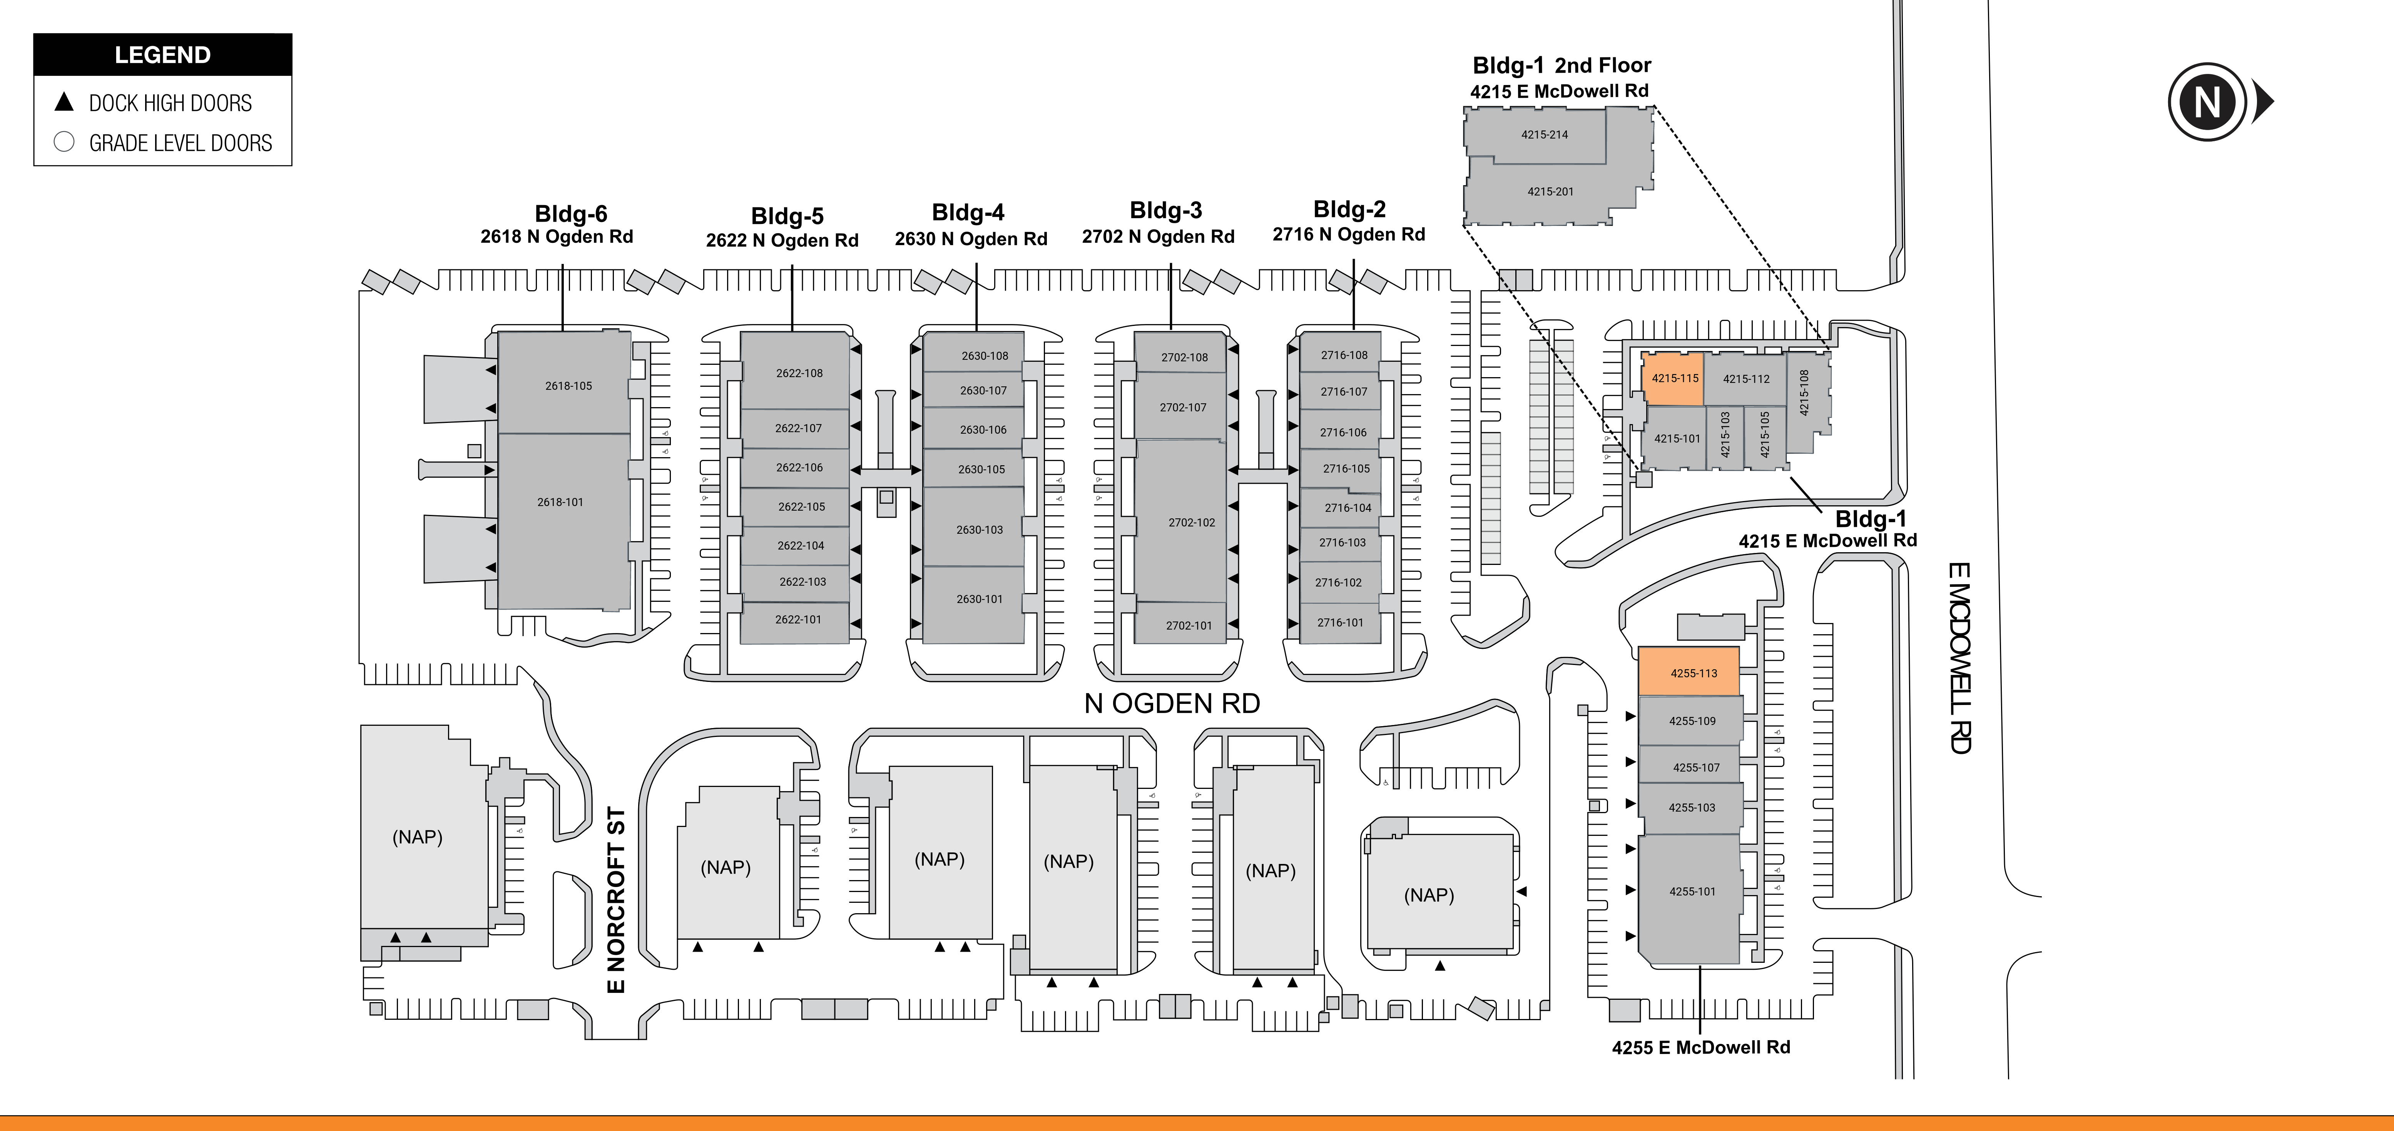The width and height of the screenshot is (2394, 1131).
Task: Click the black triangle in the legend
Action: coord(64,101)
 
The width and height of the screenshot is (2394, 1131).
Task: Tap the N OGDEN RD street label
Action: coord(1172,703)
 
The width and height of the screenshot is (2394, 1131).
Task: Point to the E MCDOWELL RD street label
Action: coord(1959,658)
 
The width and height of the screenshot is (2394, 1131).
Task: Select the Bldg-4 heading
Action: coord(968,213)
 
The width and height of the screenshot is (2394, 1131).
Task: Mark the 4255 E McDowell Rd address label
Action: coord(1701,1047)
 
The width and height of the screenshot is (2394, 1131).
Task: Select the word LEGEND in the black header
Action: coord(163,55)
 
